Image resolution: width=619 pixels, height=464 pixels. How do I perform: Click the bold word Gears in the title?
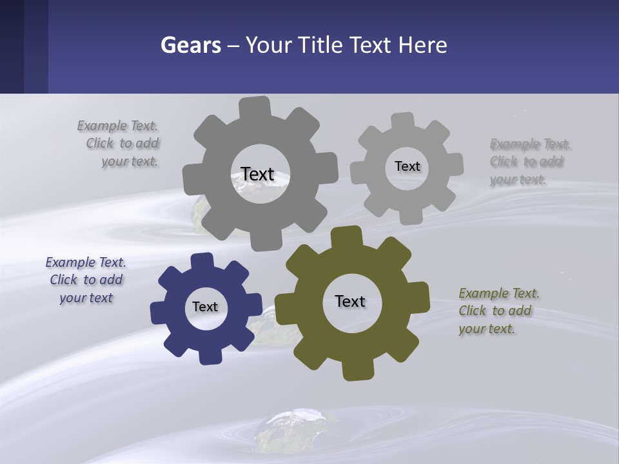pyautogui.click(x=190, y=45)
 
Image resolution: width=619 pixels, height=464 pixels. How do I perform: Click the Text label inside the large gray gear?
pyautogui.click(x=257, y=174)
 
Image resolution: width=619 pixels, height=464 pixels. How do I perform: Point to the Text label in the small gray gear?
pyautogui.click(x=407, y=166)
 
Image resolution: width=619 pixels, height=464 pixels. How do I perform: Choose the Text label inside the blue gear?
pyautogui.click(x=205, y=307)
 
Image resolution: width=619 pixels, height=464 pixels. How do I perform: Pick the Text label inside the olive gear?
pyautogui.click(x=350, y=301)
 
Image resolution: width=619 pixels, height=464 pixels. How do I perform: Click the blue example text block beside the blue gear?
pyautogui.click(x=86, y=280)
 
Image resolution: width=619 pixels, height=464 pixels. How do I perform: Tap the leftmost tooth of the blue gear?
pyautogui.click(x=159, y=312)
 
